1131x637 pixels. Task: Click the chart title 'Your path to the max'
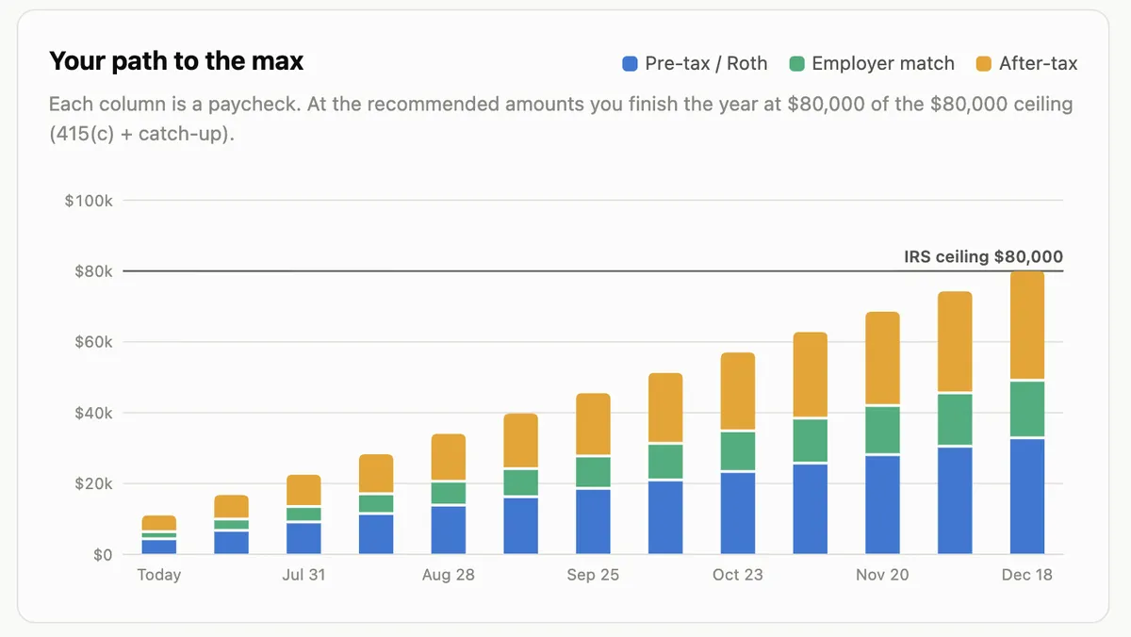pyautogui.click(x=176, y=61)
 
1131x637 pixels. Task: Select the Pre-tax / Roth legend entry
pyautogui.click(x=695, y=63)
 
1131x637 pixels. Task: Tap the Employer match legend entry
pyautogui.click(x=872, y=63)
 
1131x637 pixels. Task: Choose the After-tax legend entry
pyautogui.click(x=1027, y=63)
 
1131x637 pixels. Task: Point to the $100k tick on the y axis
pyautogui.click(x=89, y=201)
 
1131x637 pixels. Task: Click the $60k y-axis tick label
pyautogui.click(x=93, y=342)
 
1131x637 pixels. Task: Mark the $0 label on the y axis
pyautogui.click(x=103, y=555)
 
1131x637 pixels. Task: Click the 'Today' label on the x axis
pyautogui.click(x=159, y=575)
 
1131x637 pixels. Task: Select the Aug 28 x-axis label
pyautogui.click(x=449, y=575)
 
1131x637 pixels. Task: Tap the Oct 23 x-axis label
pyautogui.click(x=738, y=575)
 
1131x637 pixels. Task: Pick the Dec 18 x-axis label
pyautogui.click(x=1027, y=575)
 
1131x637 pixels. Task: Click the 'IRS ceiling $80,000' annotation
pyautogui.click(x=984, y=256)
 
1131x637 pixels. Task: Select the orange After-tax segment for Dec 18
pyautogui.click(x=1027, y=325)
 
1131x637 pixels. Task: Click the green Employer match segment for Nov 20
pyautogui.click(x=882, y=430)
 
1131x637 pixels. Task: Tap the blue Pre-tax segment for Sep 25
pyautogui.click(x=593, y=521)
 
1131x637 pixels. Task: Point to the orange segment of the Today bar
pyautogui.click(x=159, y=522)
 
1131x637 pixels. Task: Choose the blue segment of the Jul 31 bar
pyautogui.click(x=303, y=538)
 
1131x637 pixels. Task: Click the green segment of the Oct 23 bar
pyautogui.click(x=738, y=451)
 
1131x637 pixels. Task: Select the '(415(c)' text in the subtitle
pyautogui.click(x=82, y=134)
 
